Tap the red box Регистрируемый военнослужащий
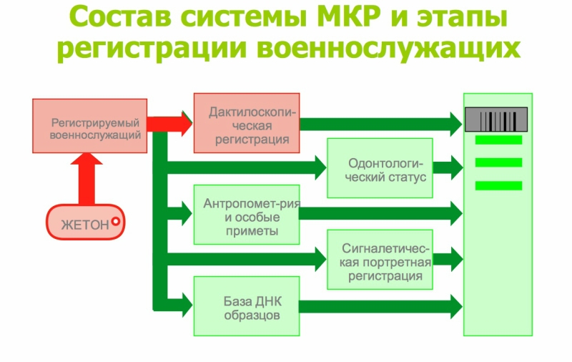click(90, 126)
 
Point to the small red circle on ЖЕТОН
click(116, 222)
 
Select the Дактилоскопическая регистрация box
click(247, 123)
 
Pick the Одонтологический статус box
click(380, 168)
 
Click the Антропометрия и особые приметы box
click(247, 213)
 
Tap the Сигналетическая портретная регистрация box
click(380, 260)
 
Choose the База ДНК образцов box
click(247, 306)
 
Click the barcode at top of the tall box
click(497, 119)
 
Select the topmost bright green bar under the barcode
click(498, 140)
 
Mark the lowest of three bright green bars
click(498, 186)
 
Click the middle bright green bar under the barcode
click(498, 162)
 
